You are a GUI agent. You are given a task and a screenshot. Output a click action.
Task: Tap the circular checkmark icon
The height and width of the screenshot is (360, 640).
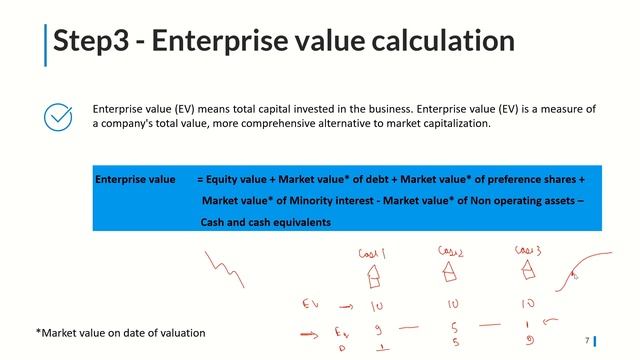[58, 117]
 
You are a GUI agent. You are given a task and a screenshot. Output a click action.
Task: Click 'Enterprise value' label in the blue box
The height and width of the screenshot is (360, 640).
[135, 179]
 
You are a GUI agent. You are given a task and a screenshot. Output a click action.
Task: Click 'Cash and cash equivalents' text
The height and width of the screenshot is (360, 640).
[265, 221]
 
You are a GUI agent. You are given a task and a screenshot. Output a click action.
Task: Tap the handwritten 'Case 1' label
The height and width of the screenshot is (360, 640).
[372, 254]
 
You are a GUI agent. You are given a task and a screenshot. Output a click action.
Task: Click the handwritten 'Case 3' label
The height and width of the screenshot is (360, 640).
[527, 250]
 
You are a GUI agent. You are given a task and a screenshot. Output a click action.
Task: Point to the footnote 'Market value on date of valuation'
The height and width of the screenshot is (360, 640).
[120, 332]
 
